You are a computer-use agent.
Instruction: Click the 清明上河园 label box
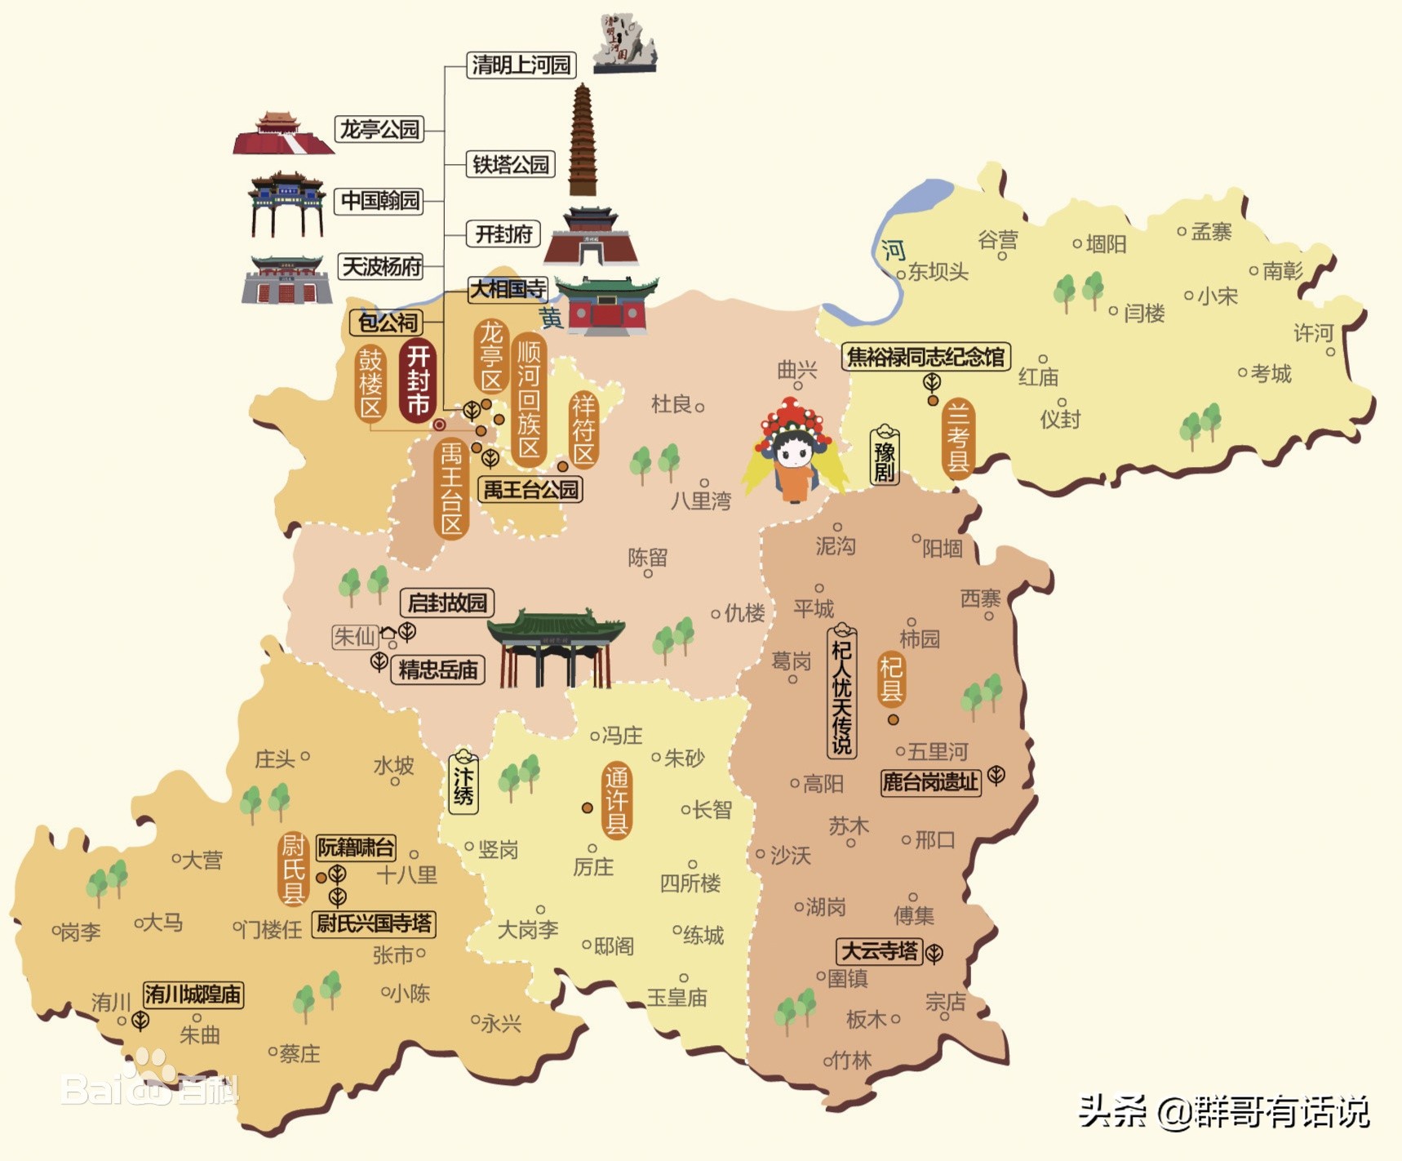point(521,64)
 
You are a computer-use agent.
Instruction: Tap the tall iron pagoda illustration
point(582,140)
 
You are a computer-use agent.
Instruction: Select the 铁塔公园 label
point(511,165)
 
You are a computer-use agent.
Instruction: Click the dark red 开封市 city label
point(418,380)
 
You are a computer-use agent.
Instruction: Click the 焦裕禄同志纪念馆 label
point(925,357)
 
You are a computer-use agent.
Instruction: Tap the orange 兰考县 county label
point(957,438)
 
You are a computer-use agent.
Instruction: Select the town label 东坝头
point(938,272)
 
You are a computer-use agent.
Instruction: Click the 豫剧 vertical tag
point(885,455)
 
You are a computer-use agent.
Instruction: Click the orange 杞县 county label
point(891,678)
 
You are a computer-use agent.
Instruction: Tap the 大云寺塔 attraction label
point(879,951)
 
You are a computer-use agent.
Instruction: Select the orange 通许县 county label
point(617,800)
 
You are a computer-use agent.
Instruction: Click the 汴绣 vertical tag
point(464,783)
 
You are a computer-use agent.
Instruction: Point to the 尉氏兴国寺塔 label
point(374,923)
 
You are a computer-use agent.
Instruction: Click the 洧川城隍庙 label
point(193,994)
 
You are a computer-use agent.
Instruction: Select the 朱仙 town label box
point(355,636)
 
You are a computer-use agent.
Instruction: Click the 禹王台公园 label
point(530,490)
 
